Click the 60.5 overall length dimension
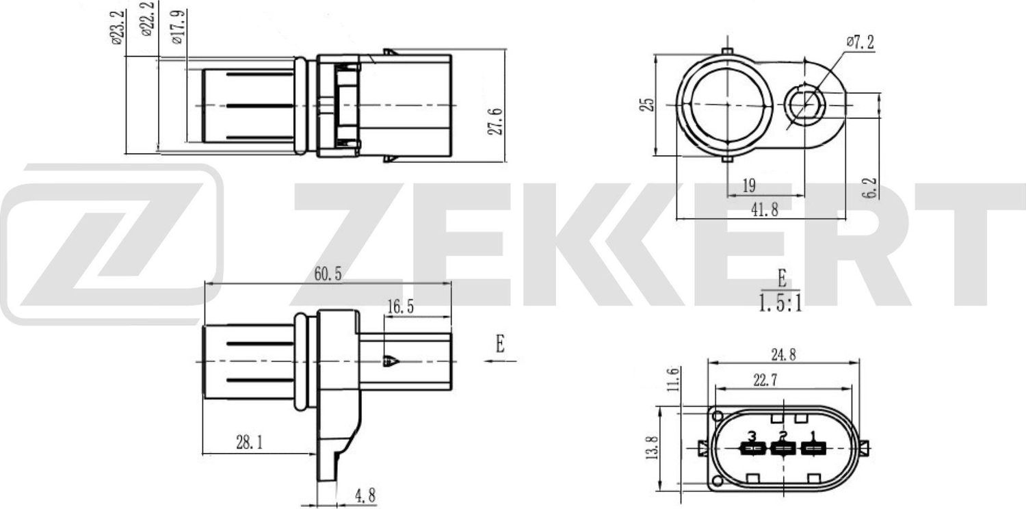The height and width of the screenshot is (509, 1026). (328, 274)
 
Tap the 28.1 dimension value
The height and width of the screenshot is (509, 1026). (250, 443)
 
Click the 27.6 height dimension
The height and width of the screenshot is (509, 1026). (497, 120)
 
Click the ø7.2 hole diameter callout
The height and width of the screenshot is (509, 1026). (860, 42)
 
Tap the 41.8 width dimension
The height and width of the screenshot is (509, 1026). (765, 210)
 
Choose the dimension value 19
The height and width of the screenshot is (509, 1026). (748, 185)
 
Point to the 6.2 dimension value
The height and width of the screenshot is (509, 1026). (869, 187)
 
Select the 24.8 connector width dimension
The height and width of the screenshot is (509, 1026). (782, 354)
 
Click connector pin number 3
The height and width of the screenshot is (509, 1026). (752, 436)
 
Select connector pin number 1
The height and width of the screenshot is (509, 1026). (813, 435)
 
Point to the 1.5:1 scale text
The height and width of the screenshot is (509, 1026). (780, 303)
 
